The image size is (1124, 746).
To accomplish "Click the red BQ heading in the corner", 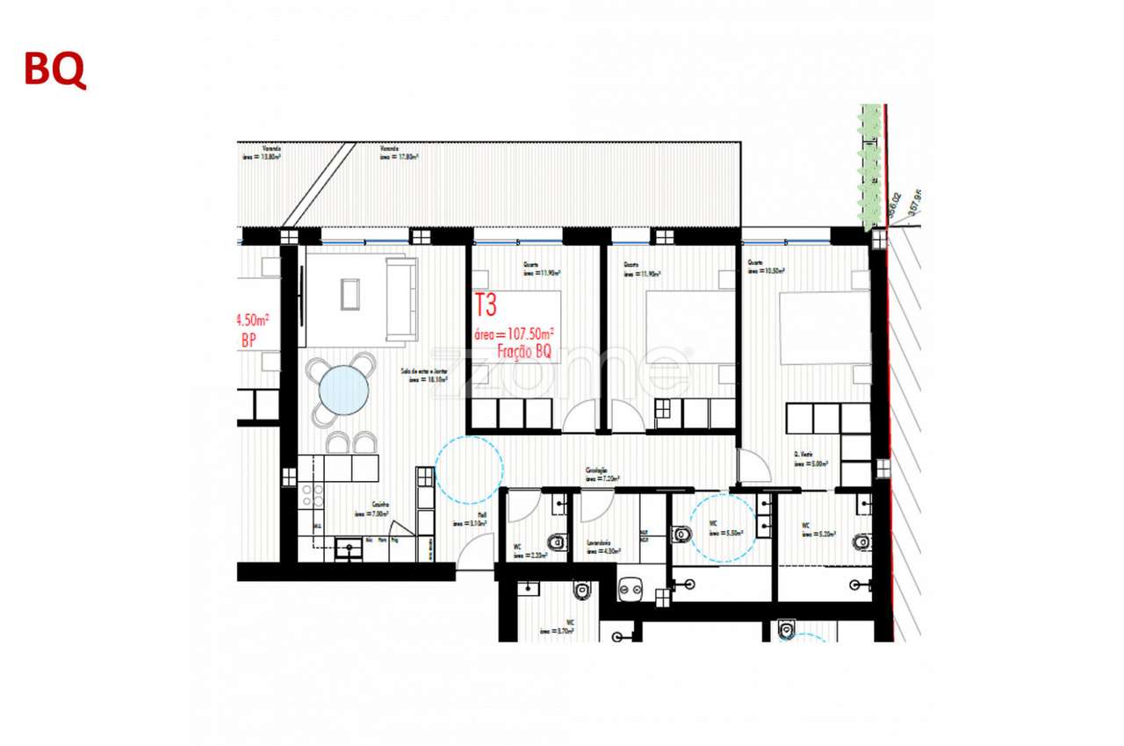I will pyautogui.click(x=54, y=70).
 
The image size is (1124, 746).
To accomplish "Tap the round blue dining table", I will pyautogui.click(x=343, y=390).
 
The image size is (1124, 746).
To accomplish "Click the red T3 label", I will pyautogui.click(x=486, y=305).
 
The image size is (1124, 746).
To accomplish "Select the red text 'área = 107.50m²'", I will pyautogui.click(x=514, y=334).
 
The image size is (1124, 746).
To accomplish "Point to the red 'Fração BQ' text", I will pyautogui.click(x=523, y=352).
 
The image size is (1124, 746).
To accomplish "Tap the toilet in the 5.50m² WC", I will pyautogui.click(x=681, y=533).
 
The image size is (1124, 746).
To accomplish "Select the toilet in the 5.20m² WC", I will pyautogui.click(x=862, y=541).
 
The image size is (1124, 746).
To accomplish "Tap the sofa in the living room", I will pyautogui.click(x=402, y=298).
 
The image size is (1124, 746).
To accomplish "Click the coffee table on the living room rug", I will pyautogui.click(x=350, y=293).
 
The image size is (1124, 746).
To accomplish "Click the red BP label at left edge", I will pyautogui.click(x=249, y=340).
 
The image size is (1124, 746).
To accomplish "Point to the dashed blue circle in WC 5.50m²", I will pyautogui.click(x=722, y=527).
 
